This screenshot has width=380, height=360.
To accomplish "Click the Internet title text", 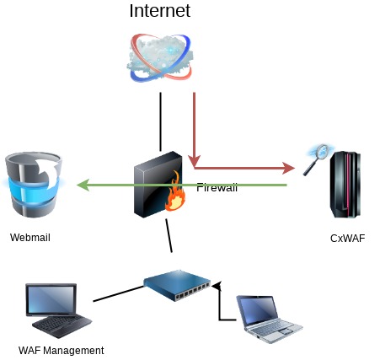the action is [x=160, y=11].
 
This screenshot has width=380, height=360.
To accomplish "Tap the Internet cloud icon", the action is [x=160, y=58].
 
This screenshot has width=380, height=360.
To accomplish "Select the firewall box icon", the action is [x=159, y=185].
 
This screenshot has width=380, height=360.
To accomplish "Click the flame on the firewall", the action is [x=175, y=191].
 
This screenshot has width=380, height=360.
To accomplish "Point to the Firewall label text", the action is [x=217, y=187].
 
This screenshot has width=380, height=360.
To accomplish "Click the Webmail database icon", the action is [x=34, y=185].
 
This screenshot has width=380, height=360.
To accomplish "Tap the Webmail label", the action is [x=30, y=238].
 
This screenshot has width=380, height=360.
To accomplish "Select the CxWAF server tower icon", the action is [x=345, y=185].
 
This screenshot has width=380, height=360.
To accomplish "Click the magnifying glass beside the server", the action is [x=318, y=159].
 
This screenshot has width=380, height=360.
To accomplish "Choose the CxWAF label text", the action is [x=348, y=239].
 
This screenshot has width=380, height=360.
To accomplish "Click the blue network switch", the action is [x=177, y=285].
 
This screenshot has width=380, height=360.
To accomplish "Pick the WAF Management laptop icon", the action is [x=58, y=310].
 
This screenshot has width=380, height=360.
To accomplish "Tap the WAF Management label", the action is [x=62, y=351].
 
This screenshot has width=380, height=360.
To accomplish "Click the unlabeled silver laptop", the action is [x=269, y=319].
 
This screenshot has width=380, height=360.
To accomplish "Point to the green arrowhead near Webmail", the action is [x=83, y=185].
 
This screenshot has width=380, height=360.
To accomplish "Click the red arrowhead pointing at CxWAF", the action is [x=288, y=168].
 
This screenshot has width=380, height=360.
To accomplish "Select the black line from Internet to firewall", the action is [x=160, y=121].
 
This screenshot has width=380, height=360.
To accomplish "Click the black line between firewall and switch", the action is [x=169, y=236].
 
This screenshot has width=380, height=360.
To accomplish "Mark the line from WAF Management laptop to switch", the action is [x=118, y=293].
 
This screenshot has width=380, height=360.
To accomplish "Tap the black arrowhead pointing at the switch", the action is [x=217, y=286].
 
